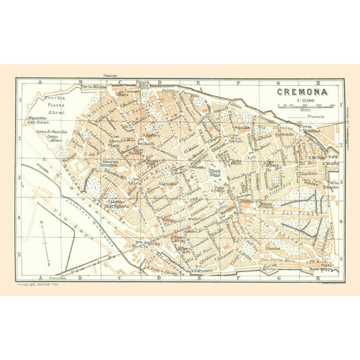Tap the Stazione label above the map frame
pos(111,75)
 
